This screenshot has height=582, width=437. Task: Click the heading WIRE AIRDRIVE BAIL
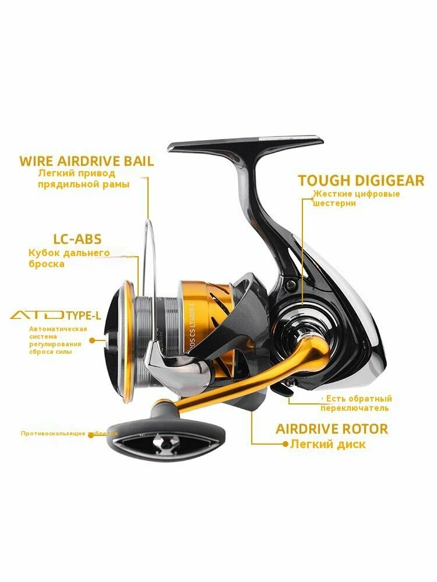point(87,161)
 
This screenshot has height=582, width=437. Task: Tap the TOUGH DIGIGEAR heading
point(361,180)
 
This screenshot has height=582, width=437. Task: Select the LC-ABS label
point(76,239)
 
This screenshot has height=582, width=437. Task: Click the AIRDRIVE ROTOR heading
point(332,429)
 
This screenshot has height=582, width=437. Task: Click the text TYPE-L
point(83,316)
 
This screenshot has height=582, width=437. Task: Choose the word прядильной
point(62,184)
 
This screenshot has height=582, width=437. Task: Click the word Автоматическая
point(58,329)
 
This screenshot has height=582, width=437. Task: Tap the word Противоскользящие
point(53,434)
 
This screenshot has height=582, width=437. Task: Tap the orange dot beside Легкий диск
point(285,444)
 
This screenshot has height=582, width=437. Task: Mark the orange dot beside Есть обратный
point(323,399)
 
